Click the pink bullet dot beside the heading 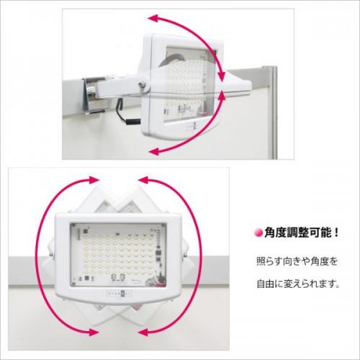pyautogui.click(x=258, y=233)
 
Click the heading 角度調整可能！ pyautogui.click(x=302, y=233)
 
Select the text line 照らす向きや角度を pyautogui.click(x=297, y=261)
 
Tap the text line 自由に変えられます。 pyautogui.click(x=298, y=284)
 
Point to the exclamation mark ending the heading pyautogui.click(x=336, y=233)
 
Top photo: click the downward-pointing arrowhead pyautogui.click(x=222, y=76)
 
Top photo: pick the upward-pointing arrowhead pyautogui.click(x=222, y=95)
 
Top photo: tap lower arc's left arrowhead pyautogui.click(x=153, y=151)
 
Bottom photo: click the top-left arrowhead pyautogui.click(x=94, y=180)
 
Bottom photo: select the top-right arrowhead pyautogui.click(x=143, y=180)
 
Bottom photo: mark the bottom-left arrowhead pyautogui.click(x=94, y=333)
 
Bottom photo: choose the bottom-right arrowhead pyautogui.click(x=143, y=333)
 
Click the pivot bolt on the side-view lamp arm pyautogui.click(x=143, y=84)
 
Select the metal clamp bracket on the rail pyautogui.click(x=95, y=95)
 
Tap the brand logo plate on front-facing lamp pyautogui.click(x=119, y=294)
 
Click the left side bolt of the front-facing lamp pyautogui.click(x=51, y=253)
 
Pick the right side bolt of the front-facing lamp pyautogui.click(x=185, y=254)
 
